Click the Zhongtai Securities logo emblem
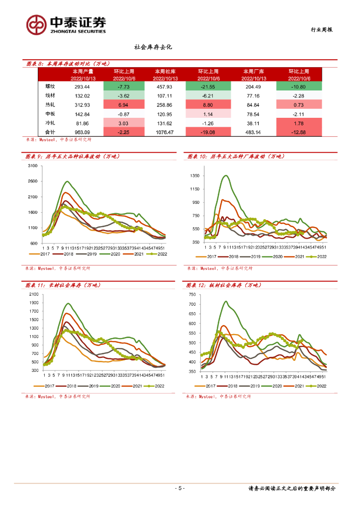37,24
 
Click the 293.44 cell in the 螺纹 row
82,86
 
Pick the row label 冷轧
50,123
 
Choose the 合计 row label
50,132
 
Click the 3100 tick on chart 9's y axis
33,166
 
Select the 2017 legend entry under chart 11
48,385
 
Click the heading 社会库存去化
153,47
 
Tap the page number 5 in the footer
180,488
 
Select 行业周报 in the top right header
318,30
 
